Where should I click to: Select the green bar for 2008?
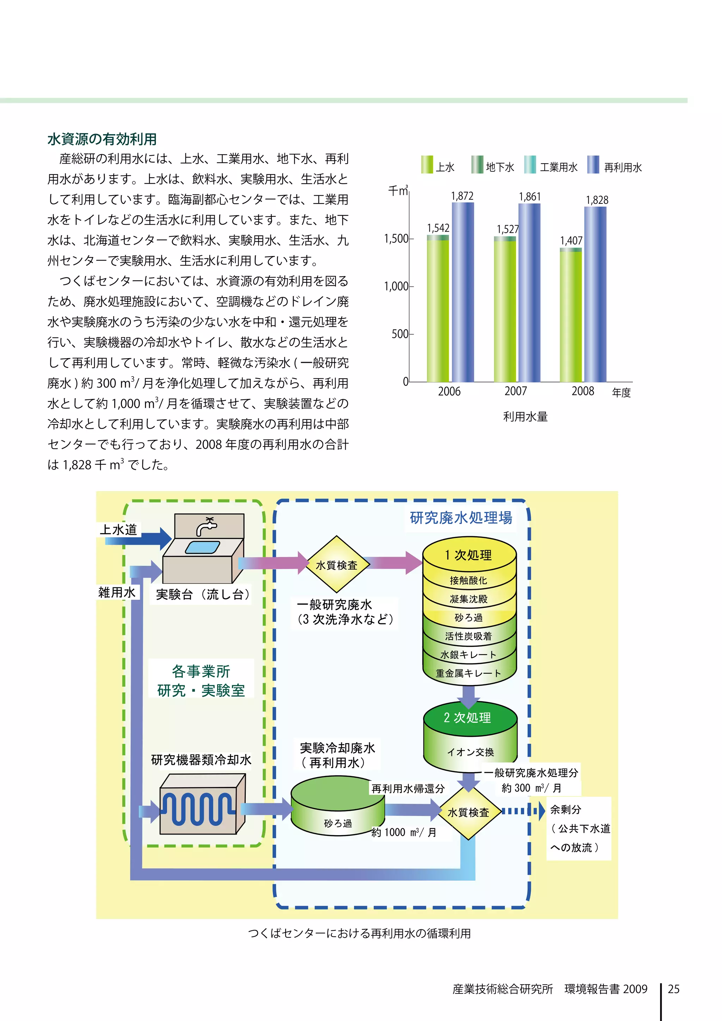pos(571,316)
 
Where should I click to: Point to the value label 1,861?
pos(530,197)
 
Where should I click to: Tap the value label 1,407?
pos(571,240)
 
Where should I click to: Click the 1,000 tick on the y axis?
pos(396,286)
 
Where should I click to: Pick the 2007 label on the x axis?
pos(516,391)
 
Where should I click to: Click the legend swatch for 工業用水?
pos(530,165)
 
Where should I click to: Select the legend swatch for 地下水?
pos(477,165)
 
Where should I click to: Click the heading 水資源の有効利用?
pos(102,139)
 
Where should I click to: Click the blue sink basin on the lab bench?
pos(202,546)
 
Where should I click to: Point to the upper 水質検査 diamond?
pos(337,565)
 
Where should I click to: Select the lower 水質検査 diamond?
pos(468,812)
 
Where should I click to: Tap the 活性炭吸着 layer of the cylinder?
pos(469,636)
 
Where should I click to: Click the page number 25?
pos(674,989)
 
